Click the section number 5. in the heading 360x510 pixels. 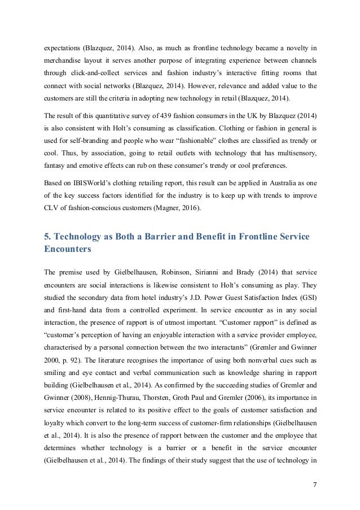pos(47,237)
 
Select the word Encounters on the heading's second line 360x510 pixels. pos(69,249)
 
